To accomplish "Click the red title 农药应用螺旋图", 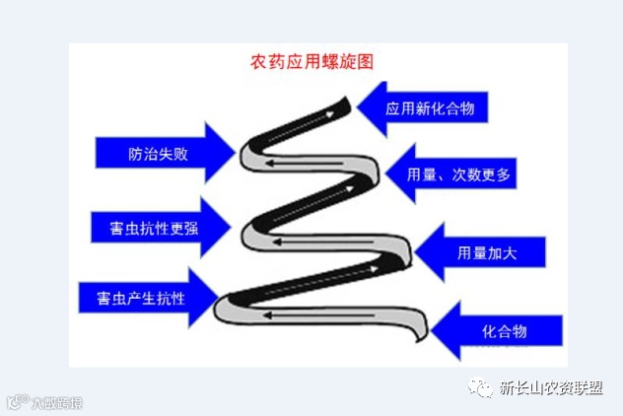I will tap(311, 61).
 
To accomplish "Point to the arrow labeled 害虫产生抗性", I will tap(148, 295).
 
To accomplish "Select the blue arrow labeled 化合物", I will tap(503, 329).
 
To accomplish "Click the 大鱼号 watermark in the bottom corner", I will tap(44, 402).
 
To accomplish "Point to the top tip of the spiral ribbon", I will tap(346, 98).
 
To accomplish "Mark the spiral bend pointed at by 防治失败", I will tap(247, 153).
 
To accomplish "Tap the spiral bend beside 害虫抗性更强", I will tap(252, 233).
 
